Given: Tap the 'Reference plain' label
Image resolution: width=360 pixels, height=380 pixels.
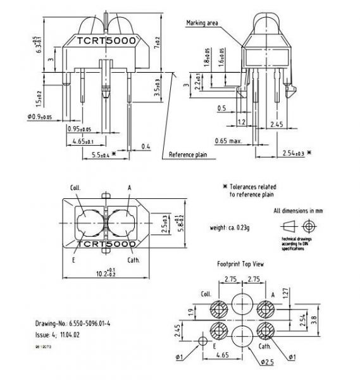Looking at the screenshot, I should (x=189, y=153).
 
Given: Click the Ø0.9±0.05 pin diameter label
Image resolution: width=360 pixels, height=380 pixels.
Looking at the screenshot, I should (x=39, y=117).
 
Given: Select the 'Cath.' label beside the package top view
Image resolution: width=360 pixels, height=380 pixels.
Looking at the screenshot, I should (x=134, y=259).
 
